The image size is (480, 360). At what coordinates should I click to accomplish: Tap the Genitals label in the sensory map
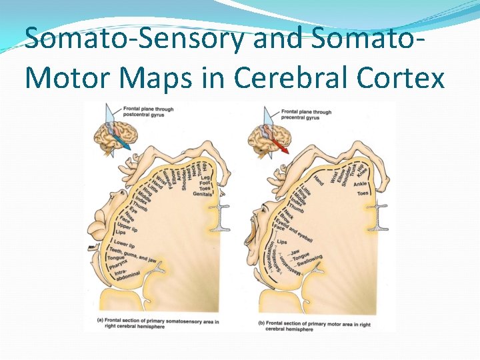(x=203, y=194)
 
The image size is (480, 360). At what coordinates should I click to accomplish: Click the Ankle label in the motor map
(x=360, y=184)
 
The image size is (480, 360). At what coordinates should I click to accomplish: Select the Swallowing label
(x=307, y=261)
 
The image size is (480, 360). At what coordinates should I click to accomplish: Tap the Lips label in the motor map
(x=282, y=242)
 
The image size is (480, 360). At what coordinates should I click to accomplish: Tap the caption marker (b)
(x=261, y=324)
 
